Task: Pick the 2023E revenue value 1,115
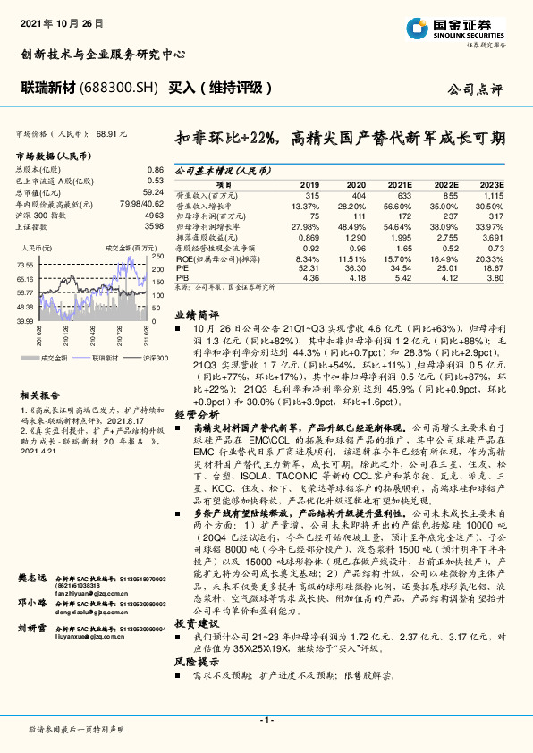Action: (x=493, y=194)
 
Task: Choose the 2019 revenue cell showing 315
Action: (x=311, y=194)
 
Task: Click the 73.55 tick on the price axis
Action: (x=25, y=265)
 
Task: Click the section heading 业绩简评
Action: (x=196, y=316)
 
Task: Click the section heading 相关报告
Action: (x=39, y=393)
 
